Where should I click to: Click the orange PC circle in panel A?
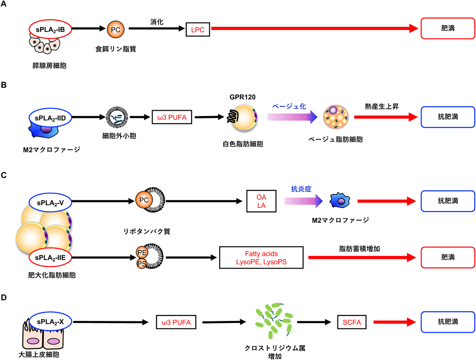(x=115, y=29)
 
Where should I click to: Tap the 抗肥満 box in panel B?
(x=448, y=118)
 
